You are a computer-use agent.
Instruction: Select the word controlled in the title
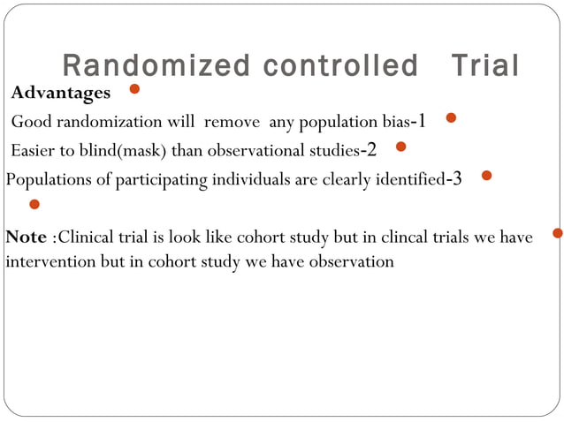324,66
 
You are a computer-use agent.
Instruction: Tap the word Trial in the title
484,66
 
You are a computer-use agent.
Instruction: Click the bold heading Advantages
61,93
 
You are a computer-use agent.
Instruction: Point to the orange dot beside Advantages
134,89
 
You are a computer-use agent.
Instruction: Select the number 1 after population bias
422,120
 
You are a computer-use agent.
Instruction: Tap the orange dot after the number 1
451,117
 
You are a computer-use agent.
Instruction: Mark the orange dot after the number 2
400,147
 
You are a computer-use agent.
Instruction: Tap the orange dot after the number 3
486,176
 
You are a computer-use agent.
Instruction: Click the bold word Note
27,237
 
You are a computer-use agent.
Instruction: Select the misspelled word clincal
403,237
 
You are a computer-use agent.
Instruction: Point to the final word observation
352,261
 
